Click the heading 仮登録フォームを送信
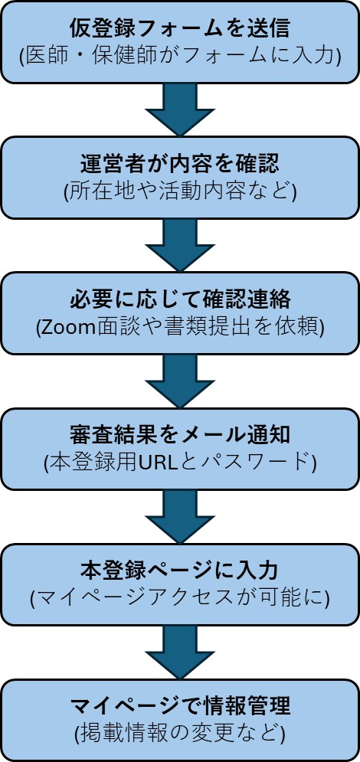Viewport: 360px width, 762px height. (x=179, y=30)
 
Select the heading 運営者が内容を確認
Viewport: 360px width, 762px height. (x=179, y=164)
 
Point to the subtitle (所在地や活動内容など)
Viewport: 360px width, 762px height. (x=179, y=191)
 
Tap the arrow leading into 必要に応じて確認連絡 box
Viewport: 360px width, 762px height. (x=180, y=244)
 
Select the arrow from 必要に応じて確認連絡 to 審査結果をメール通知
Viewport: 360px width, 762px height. (x=180, y=379)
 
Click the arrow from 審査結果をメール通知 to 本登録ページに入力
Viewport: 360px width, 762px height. (x=180, y=515)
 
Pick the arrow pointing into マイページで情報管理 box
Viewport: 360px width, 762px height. (x=180, y=650)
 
